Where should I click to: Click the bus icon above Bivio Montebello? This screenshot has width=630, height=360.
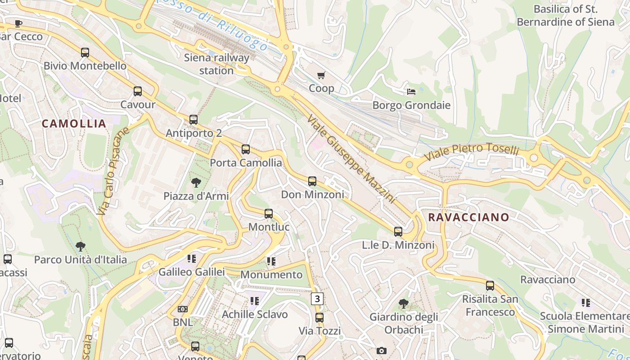[x=85, y=52]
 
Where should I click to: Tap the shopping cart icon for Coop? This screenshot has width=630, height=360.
[x=321, y=75]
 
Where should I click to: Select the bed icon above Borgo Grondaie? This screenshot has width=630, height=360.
[x=411, y=92]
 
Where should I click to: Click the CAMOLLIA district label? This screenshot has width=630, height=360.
[x=74, y=124]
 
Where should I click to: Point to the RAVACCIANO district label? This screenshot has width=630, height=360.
[x=468, y=217]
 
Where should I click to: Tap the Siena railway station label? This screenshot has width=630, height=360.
[x=216, y=64]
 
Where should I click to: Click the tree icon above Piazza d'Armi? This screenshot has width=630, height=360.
[x=196, y=182]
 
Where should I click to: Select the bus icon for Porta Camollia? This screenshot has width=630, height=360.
[x=246, y=149]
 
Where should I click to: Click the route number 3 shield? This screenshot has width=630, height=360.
[x=317, y=298]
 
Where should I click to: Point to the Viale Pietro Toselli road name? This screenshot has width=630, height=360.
[x=472, y=152]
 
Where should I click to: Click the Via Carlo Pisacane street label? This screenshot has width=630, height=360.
[x=113, y=171]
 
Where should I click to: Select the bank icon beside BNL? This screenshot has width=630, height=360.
[x=183, y=309]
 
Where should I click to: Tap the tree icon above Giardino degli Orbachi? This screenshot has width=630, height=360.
[x=404, y=304]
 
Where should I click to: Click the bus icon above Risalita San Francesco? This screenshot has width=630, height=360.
[x=490, y=285]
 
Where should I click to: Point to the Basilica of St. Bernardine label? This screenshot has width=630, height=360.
[x=565, y=15]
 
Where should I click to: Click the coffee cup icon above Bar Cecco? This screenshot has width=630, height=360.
[x=18, y=23]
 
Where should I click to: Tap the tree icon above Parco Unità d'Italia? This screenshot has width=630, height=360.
[x=81, y=246]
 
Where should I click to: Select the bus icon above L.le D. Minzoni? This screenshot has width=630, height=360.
[x=398, y=232]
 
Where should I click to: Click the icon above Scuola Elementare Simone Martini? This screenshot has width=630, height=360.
[x=585, y=302]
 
